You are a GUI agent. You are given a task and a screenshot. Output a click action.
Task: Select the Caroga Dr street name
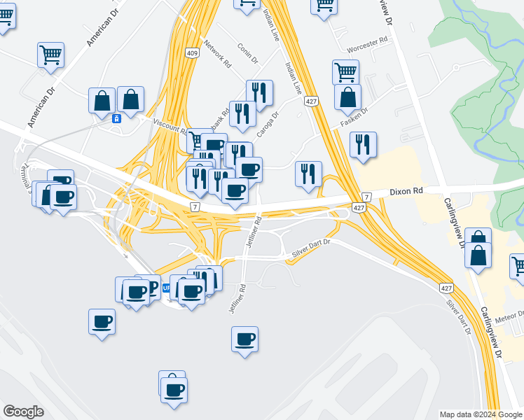(x=269, y=124)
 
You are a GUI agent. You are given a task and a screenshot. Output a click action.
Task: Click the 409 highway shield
(x=192, y=52)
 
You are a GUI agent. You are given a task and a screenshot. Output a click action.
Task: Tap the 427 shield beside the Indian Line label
(x=312, y=101)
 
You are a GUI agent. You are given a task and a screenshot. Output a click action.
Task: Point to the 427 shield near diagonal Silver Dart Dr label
(x=446, y=288)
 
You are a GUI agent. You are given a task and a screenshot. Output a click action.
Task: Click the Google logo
(x=23, y=412)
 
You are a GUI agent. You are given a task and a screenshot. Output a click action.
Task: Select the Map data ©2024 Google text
(x=480, y=414)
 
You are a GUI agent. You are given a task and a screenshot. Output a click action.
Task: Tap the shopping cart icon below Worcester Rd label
(x=346, y=71)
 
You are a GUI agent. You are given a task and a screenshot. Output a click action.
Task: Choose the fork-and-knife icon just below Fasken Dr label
(x=363, y=144)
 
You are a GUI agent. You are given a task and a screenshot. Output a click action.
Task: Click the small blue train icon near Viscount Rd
(x=116, y=118)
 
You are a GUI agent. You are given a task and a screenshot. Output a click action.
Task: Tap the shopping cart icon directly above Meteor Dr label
(x=519, y=267)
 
